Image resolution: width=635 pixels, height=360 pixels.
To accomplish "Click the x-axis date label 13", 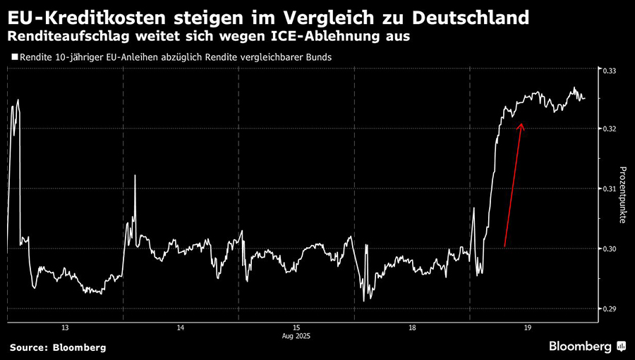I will tap(65, 328).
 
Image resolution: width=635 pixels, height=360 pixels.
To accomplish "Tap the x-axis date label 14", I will tap(181, 328).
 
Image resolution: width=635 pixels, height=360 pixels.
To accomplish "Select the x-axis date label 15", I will tap(296, 328).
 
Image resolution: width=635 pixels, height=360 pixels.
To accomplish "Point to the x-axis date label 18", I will tap(412, 328).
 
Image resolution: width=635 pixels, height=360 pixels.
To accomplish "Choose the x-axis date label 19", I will tap(528, 328).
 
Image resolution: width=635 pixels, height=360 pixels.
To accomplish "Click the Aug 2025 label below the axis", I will tap(296, 337).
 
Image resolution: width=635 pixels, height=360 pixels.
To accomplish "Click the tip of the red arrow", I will tap(522, 124).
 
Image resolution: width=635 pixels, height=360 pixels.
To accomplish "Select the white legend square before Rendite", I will tap(15, 56).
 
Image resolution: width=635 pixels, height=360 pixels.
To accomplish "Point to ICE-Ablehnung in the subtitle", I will tap(316, 35).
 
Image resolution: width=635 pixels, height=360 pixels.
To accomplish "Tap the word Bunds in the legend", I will tap(316, 56).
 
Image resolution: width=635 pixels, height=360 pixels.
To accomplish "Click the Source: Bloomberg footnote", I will tap(57, 347).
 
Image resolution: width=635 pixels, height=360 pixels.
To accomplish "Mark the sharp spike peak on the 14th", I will tap(135, 176).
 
